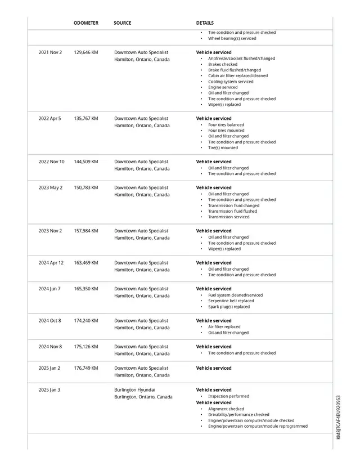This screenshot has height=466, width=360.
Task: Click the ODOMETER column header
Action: click(85, 23)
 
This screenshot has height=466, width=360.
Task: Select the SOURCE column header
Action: click(122, 23)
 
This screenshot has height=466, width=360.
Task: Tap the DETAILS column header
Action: click(205, 23)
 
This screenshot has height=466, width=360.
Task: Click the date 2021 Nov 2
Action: click(50, 52)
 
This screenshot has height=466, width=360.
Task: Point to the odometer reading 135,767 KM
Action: click(85, 119)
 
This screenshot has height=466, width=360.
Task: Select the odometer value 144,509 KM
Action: click(85, 162)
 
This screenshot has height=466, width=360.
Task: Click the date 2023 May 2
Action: click(50, 188)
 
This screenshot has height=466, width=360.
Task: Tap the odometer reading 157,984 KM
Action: click(85, 231)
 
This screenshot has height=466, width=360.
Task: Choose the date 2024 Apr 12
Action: click(51, 263)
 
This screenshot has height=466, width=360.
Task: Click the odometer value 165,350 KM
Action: click(85, 289)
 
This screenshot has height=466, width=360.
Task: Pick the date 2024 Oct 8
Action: click(50, 321)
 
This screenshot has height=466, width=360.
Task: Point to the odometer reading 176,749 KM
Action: click(85, 368)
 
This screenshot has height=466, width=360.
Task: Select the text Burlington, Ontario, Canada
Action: click(143, 397)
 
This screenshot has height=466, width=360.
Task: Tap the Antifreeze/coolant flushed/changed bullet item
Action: click(241, 59)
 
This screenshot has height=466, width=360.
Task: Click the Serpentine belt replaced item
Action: click(231, 301)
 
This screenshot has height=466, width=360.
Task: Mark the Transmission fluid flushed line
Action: click(232, 211)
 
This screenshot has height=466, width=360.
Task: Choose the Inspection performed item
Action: click(228, 396)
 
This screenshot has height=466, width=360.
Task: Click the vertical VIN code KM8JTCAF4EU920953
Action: click(339, 417)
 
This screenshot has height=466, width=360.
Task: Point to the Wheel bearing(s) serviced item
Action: click(232, 38)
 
